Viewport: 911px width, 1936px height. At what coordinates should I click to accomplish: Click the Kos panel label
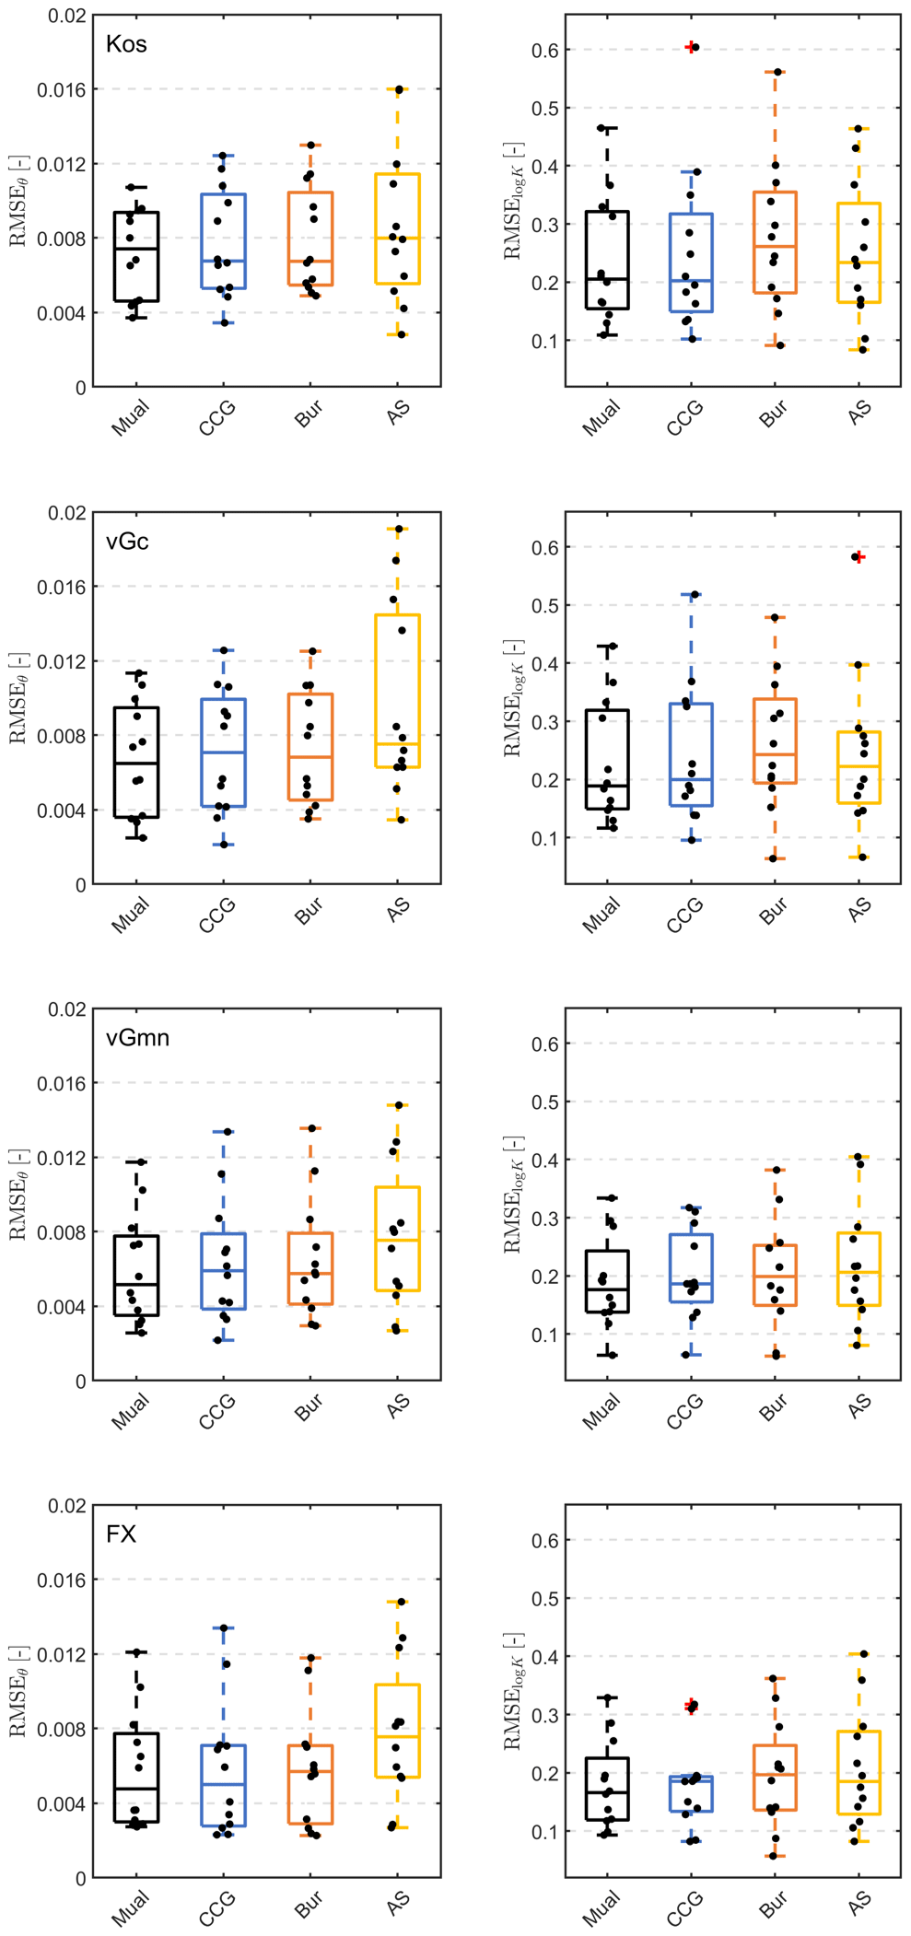(x=126, y=44)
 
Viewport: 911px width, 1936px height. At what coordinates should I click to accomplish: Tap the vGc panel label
(x=127, y=541)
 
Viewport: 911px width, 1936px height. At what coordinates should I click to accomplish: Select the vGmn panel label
(x=137, y=1037)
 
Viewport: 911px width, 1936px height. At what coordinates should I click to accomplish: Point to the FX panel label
(x=121, y=1534)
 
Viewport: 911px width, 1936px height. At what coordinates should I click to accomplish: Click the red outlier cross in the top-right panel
(x=691, y=47)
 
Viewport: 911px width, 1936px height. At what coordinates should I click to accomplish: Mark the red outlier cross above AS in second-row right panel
(x=858, y=556)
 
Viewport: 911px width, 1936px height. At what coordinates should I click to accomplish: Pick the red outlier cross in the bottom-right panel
(x=692, y=1707)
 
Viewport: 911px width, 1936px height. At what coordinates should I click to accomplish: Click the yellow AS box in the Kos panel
(x=398, y=227)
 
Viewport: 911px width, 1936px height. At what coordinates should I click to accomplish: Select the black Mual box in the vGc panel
(x=136, y=762)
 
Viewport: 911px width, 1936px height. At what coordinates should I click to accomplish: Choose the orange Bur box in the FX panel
(x=310, y=1784)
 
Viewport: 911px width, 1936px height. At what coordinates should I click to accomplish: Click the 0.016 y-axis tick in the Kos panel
(x=61, y=89)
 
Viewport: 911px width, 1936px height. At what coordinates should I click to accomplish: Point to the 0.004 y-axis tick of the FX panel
(x=61, y=1803)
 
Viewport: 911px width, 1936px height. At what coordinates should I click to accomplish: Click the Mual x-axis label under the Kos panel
(x=130, y=417)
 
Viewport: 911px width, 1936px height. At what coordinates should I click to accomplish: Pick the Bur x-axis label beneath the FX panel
(x=309, y=1904)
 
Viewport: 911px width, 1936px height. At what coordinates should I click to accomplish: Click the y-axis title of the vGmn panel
(x=18, y=1194)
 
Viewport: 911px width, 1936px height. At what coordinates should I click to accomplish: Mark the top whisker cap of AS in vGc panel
(x=398, y=529)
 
